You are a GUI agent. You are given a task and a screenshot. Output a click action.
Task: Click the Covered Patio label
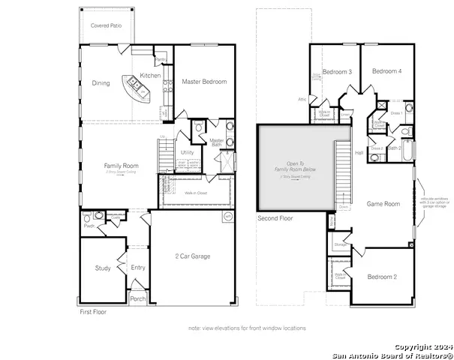point(107,25)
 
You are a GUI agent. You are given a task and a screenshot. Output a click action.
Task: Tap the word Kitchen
point(150,76)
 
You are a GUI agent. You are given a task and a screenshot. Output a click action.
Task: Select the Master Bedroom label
point(203,82)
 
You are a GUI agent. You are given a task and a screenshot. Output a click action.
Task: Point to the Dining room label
point(101,83)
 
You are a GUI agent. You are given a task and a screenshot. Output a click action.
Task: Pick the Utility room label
point(188,152)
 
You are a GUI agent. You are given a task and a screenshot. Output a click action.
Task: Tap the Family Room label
point(121,165)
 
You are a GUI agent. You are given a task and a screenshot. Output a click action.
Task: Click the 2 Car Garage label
point(192,256)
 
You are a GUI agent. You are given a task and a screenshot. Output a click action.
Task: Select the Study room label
point(103,268)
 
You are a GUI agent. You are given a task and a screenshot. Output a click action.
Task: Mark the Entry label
point(138,268)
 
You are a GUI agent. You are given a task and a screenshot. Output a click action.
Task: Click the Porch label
point(138,298)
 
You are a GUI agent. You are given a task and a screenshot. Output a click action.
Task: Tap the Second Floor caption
point(275,219)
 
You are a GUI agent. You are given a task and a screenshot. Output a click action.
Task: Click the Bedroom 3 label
point(337,72)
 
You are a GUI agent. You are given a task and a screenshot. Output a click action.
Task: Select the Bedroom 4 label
point(386,71)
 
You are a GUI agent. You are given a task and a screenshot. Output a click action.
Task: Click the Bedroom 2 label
point(383,277)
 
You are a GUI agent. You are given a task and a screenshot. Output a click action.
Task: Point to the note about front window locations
point(247,328)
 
